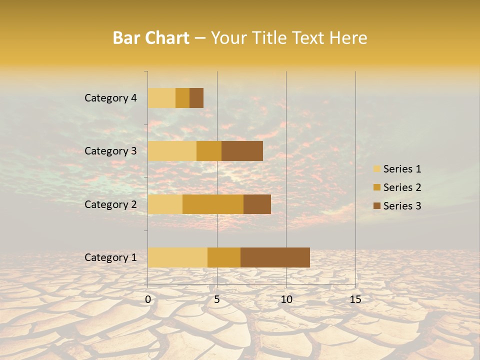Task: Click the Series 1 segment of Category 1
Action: [x=177, y=257]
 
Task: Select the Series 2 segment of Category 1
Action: [x=224, y=257]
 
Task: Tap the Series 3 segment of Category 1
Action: [x=275, y=257]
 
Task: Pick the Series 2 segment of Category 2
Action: [x=213, y=204]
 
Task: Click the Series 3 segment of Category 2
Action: [x=257, y=204]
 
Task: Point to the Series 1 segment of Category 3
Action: [x=172, y=151]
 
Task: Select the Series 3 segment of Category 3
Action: [x=242, y=151]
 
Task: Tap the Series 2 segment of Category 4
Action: [x=182, y=98]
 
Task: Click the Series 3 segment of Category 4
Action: [x=196, y=98]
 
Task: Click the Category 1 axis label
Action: [x=110, y=257]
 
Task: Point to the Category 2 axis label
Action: [x=110, y=204]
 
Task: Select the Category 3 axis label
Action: [x=110, y=151]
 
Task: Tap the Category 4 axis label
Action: [x=110, y=98]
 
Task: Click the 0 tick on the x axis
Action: [x=148, y=299]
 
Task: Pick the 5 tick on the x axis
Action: [x=217, y=299]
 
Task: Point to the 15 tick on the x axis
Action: [x=355, y=299]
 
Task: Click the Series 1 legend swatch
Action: [x=376, y=169]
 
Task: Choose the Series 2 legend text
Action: [x=402, y=187]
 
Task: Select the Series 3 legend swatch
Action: [x=376, y=206]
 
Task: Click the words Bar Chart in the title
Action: [x=151, y=38]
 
